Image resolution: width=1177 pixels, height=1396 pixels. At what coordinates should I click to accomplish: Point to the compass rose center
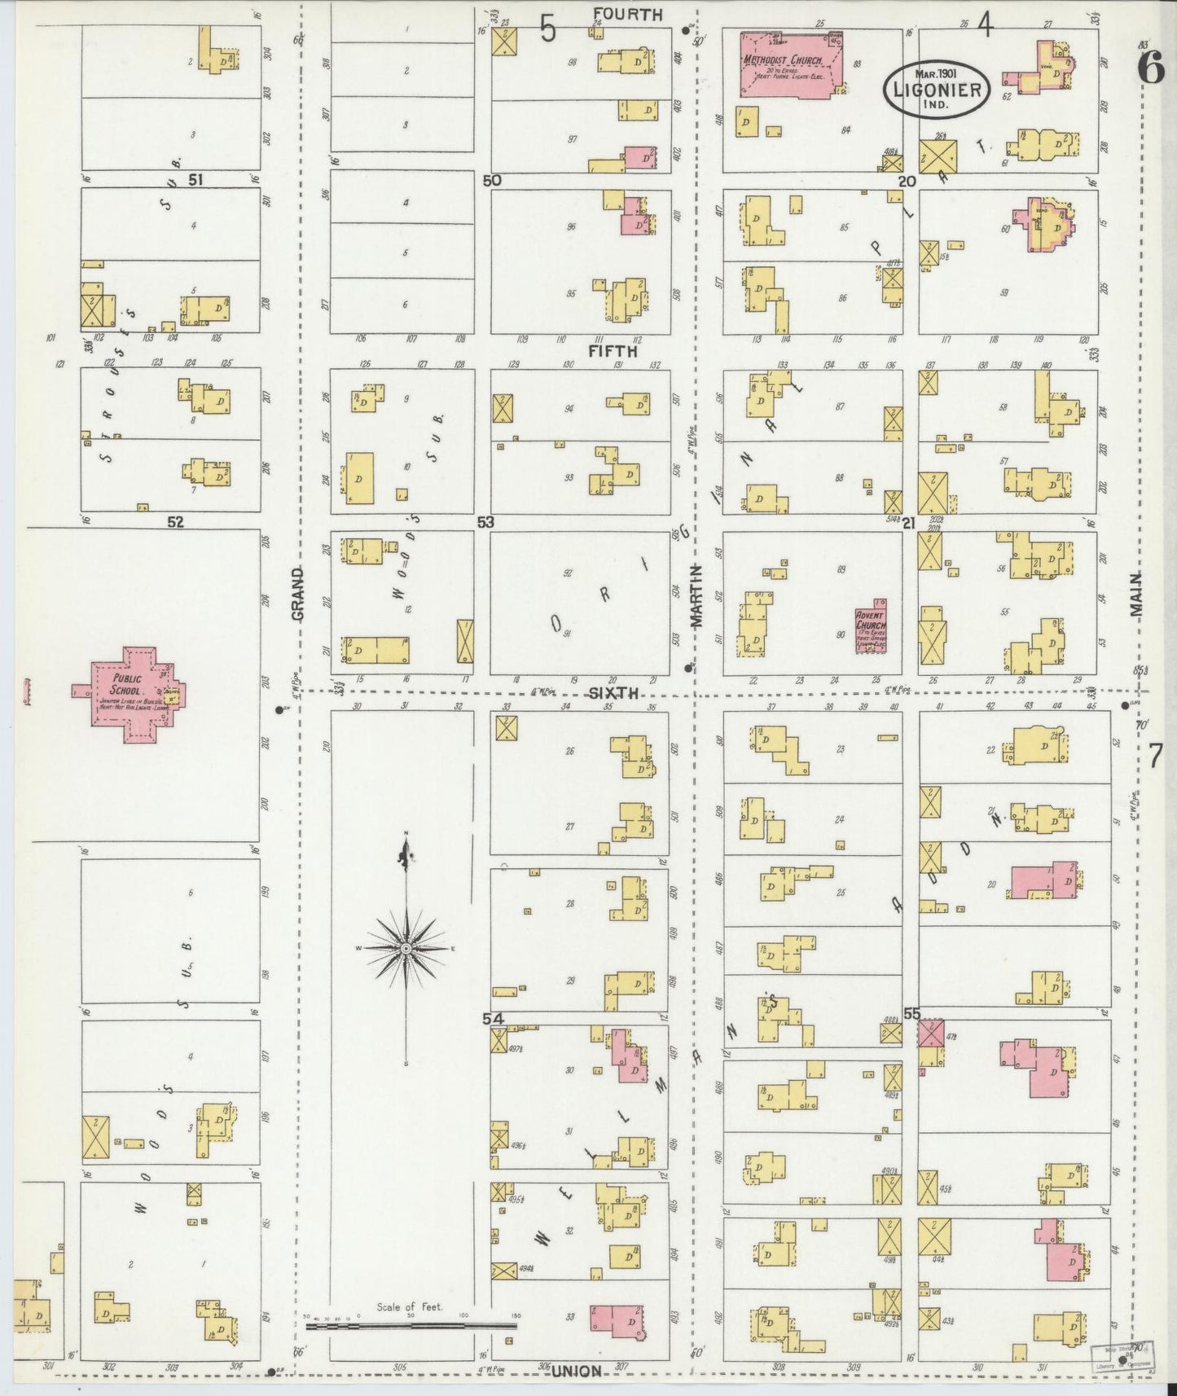(x=406, y=950)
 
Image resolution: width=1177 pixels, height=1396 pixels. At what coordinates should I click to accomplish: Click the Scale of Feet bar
(x=411, y=1325)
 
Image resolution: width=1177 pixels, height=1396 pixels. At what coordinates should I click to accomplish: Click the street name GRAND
(x=297, y=595)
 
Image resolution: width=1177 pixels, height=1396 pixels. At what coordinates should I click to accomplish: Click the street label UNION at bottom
(x=577, y=1371)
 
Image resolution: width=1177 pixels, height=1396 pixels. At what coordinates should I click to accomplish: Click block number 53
(x=486, y=522)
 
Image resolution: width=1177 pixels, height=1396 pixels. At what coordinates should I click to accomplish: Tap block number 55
(x=911, y=1014)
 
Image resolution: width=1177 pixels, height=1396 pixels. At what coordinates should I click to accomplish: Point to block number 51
(x=195, y=180)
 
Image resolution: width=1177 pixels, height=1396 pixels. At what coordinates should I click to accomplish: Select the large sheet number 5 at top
(x=548, y=31)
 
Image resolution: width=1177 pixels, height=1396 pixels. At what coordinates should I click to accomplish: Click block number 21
(x=910, y=522)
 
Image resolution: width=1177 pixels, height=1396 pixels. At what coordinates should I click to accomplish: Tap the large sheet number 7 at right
(x=1154, y=757)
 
